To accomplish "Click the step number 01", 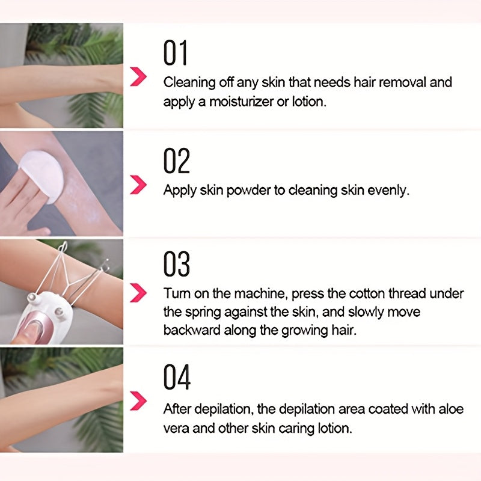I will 176,53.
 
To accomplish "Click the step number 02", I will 177,161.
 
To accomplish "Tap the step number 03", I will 177,264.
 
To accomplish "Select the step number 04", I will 177,377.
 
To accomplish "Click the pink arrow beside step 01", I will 139,77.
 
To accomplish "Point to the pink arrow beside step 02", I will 139,185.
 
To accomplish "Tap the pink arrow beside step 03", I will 139,292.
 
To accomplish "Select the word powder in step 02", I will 242,191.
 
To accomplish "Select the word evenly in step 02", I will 388,191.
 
